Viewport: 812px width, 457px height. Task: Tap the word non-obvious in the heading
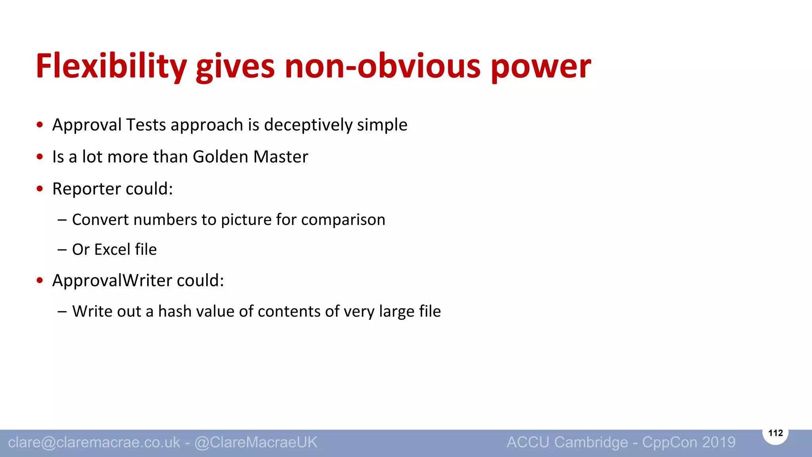[x=382, y=67]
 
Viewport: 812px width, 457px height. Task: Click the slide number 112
[x=776, y=433]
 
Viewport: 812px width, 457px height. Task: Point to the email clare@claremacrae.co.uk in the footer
[x=94, y=442]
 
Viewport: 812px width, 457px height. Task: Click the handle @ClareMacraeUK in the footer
[x=256, y=442]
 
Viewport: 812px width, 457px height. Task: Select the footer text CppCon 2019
[x=689, y=442]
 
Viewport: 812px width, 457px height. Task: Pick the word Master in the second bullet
[x=281, y=157]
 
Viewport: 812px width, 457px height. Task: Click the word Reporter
[x=86, y=189]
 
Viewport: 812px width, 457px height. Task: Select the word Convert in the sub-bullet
[x=100, y=220]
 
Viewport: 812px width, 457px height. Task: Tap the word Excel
[x=112, y=250]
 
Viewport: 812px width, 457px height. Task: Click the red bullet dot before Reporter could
[x=40, y=189]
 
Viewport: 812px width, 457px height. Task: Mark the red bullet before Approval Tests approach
[x=40, y=125]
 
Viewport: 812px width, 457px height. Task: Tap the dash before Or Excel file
[x=62, y=250]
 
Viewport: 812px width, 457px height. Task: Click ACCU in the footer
[x=528, y=442]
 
